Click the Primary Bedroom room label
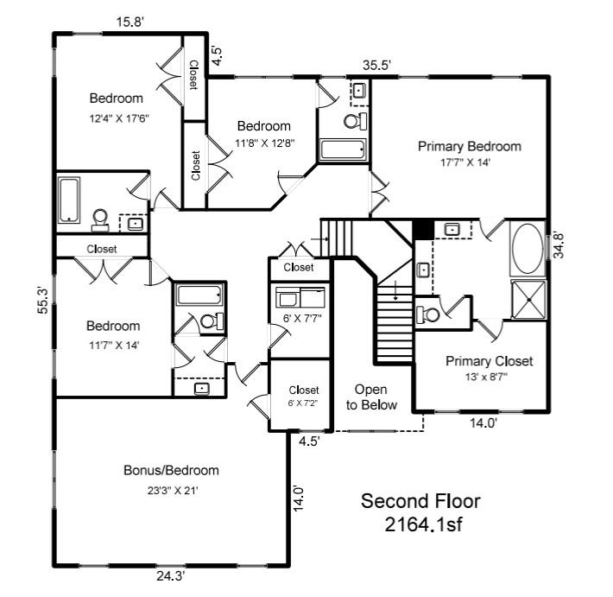coord(469,146)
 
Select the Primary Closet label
coord(489,361)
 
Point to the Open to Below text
coord(371,397)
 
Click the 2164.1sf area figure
coord(420,524)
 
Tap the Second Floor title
coord(420,501)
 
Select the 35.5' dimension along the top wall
coord(376,65)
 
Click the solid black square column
coord(422,229)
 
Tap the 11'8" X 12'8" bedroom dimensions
coord(264,143)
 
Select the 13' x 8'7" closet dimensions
coord(489,377)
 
